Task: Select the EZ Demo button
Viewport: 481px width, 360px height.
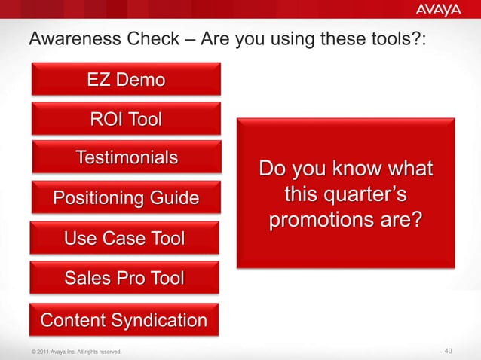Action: coord(126,79)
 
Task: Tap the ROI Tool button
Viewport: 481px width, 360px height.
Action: coord(126,119)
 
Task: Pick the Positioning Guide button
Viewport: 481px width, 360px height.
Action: coord(126,198)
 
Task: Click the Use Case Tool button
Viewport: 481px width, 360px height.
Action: coord(124,239)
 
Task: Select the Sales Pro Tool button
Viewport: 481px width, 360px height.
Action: coord(124,278)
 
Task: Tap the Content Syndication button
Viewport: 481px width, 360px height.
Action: coord(124,320)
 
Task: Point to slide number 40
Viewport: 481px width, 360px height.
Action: coord(449,351)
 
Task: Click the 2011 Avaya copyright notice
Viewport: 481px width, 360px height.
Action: coord(72,352)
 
